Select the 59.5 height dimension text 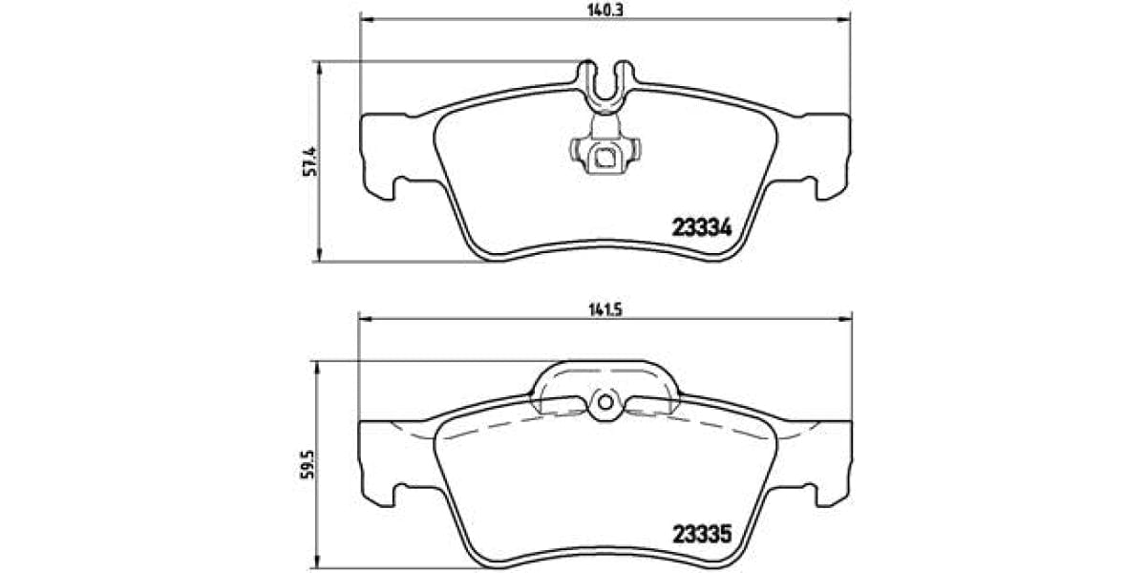click(306, 463)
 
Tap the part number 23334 click(702, 228)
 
